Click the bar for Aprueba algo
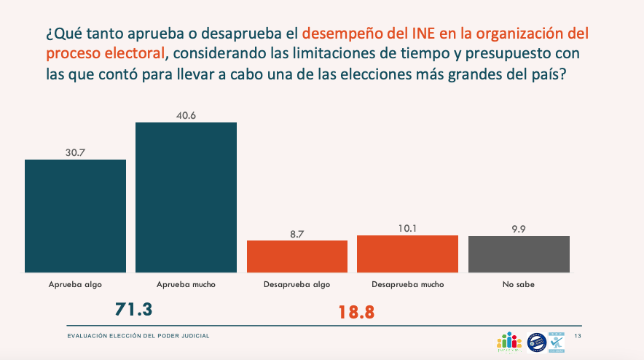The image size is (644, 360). point(75,216)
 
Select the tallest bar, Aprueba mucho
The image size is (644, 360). point(186,197)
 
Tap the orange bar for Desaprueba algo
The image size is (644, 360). point(297,256)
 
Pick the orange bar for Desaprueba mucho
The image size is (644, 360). point(407,254)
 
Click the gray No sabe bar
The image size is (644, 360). point(519,254)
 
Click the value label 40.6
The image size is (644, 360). point(186,114)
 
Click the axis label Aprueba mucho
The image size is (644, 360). point(186,284)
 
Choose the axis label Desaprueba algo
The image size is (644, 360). point(297,284)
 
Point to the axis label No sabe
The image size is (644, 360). point(519,284)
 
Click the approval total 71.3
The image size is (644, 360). point(133,309)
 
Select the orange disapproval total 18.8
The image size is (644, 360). point(356,312)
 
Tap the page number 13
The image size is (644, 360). point(578,335)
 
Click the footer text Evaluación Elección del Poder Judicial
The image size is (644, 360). point(138,335)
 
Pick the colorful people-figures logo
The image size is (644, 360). point(510,341)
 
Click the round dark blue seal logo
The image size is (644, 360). point(536,340)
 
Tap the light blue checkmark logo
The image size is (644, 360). point(558,339)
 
